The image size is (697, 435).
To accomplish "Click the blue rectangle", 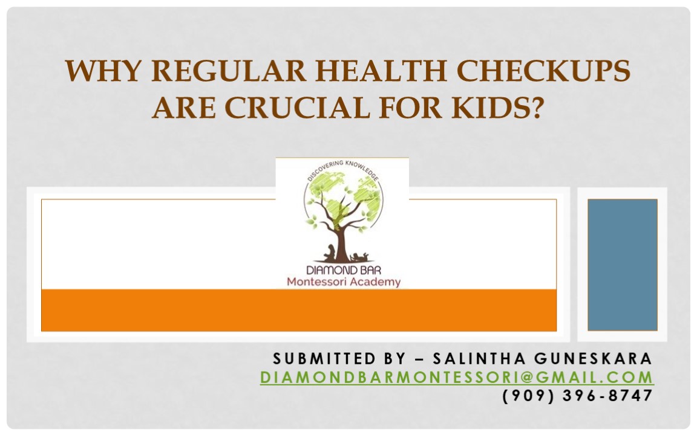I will click(x=622, y=265).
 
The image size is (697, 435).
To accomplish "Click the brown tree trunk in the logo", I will click(x=342, y=242).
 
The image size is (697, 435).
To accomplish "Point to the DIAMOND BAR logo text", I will click(x=342, y=270).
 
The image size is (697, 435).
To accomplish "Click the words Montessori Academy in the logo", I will click(x=343, y=282).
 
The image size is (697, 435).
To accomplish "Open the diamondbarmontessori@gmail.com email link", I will click(x=457, y=378).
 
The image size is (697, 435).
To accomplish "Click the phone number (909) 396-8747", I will click(x=578, y=396).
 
